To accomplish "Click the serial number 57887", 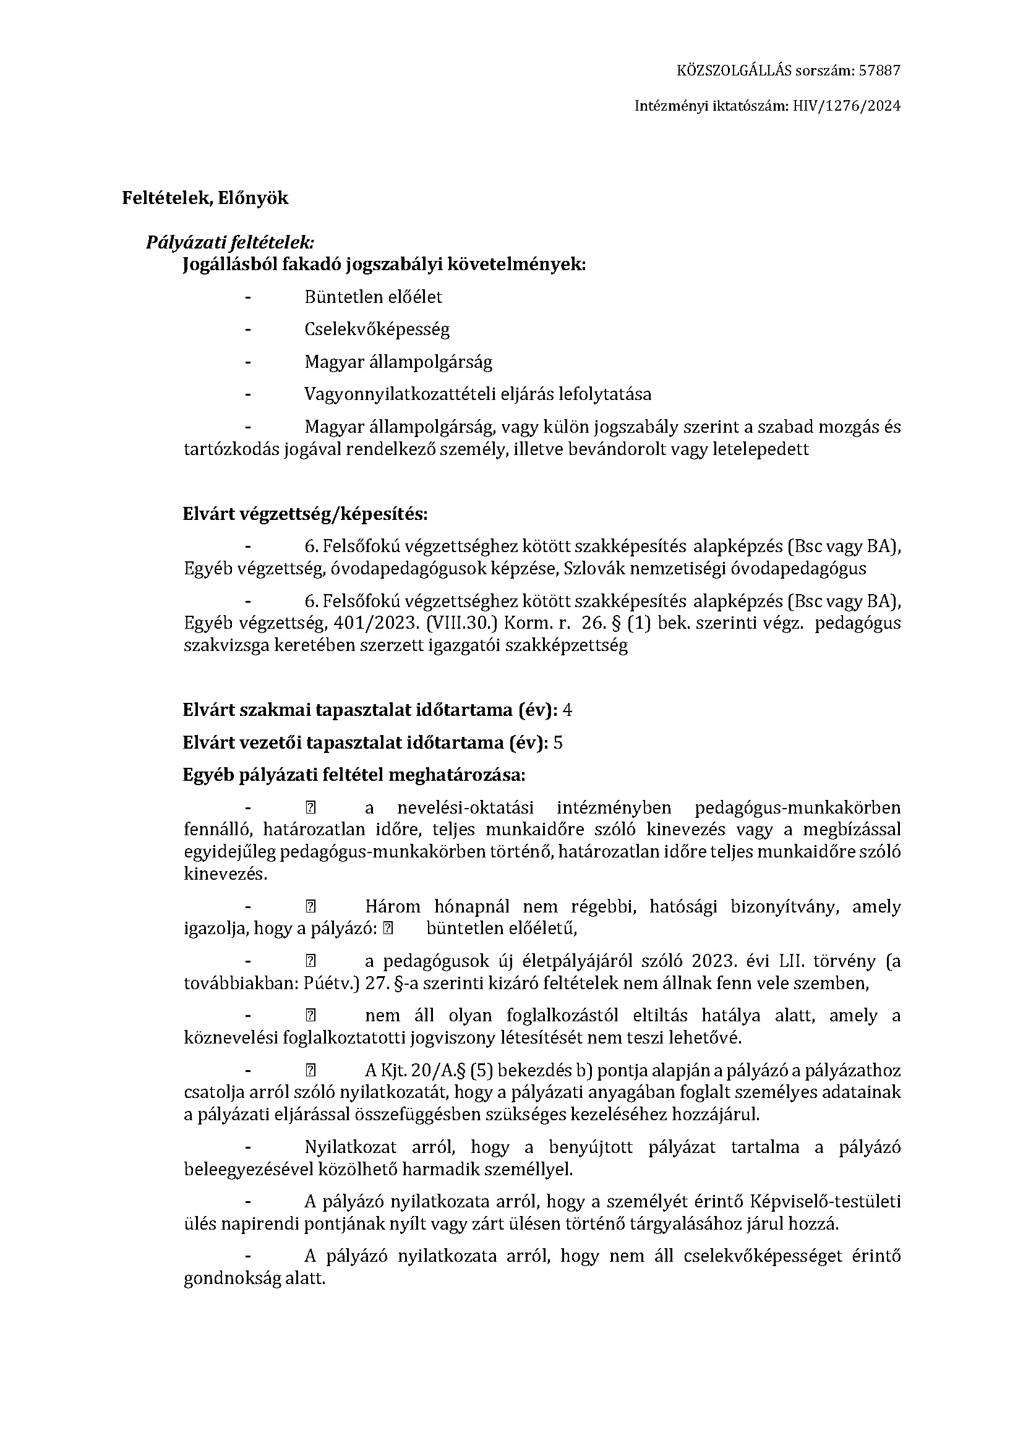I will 880,70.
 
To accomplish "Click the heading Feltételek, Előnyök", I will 205,198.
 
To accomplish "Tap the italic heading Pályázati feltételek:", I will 230,242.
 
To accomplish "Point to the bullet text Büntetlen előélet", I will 373,297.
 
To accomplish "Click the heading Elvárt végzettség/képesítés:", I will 305,514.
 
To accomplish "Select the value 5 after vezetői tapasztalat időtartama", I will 557,743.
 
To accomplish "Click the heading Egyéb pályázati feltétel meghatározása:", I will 353,775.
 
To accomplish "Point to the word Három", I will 393,907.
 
